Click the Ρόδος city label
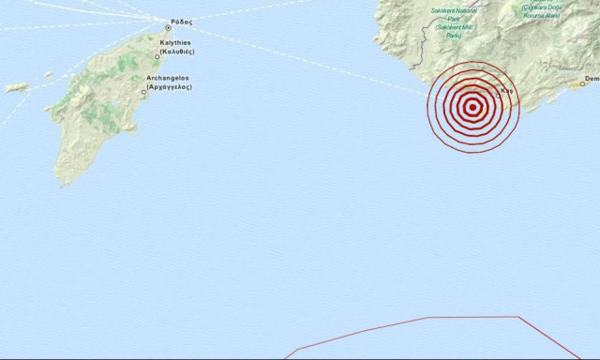coord(182,22)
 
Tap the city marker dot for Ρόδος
coord(169,27)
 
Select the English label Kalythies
coord(175,43)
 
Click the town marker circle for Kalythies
coord(157,56)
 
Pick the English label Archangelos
coord(169,78)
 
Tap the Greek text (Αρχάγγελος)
coord(170,86)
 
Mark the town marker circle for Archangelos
coord(143,92)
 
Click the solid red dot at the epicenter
coord(472,106)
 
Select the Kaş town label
coord(507,91)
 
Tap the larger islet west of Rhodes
coord(17,87)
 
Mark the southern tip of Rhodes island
coord(64,183)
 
